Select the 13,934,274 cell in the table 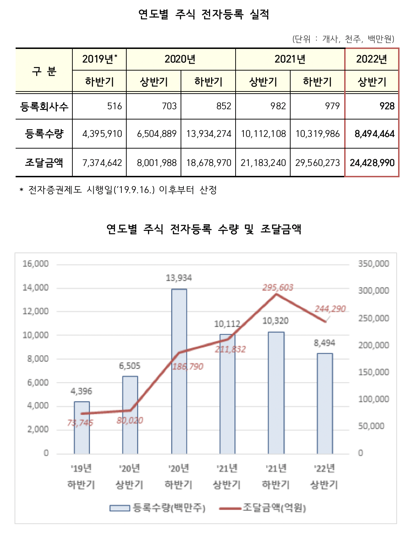click(x=209, y=134)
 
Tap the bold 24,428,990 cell click(x=372, y=163)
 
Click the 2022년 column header click(x=371, y=59)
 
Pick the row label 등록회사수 click(x=44, y=106)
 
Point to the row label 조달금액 click(x=44, y=163)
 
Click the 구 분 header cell click(x=44, y=71)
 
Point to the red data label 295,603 click(x=278, y=288)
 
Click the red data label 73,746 click(x=80, y=423)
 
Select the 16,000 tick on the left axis click(x=35, y=264)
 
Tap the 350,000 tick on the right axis click(x=373, y=264)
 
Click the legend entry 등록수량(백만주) click(x=158, y=508)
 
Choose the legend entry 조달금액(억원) click(x=263, y=508)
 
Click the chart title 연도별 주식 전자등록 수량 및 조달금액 click(x=204, y=229)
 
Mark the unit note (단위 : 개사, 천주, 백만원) click(x=343, y=39)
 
